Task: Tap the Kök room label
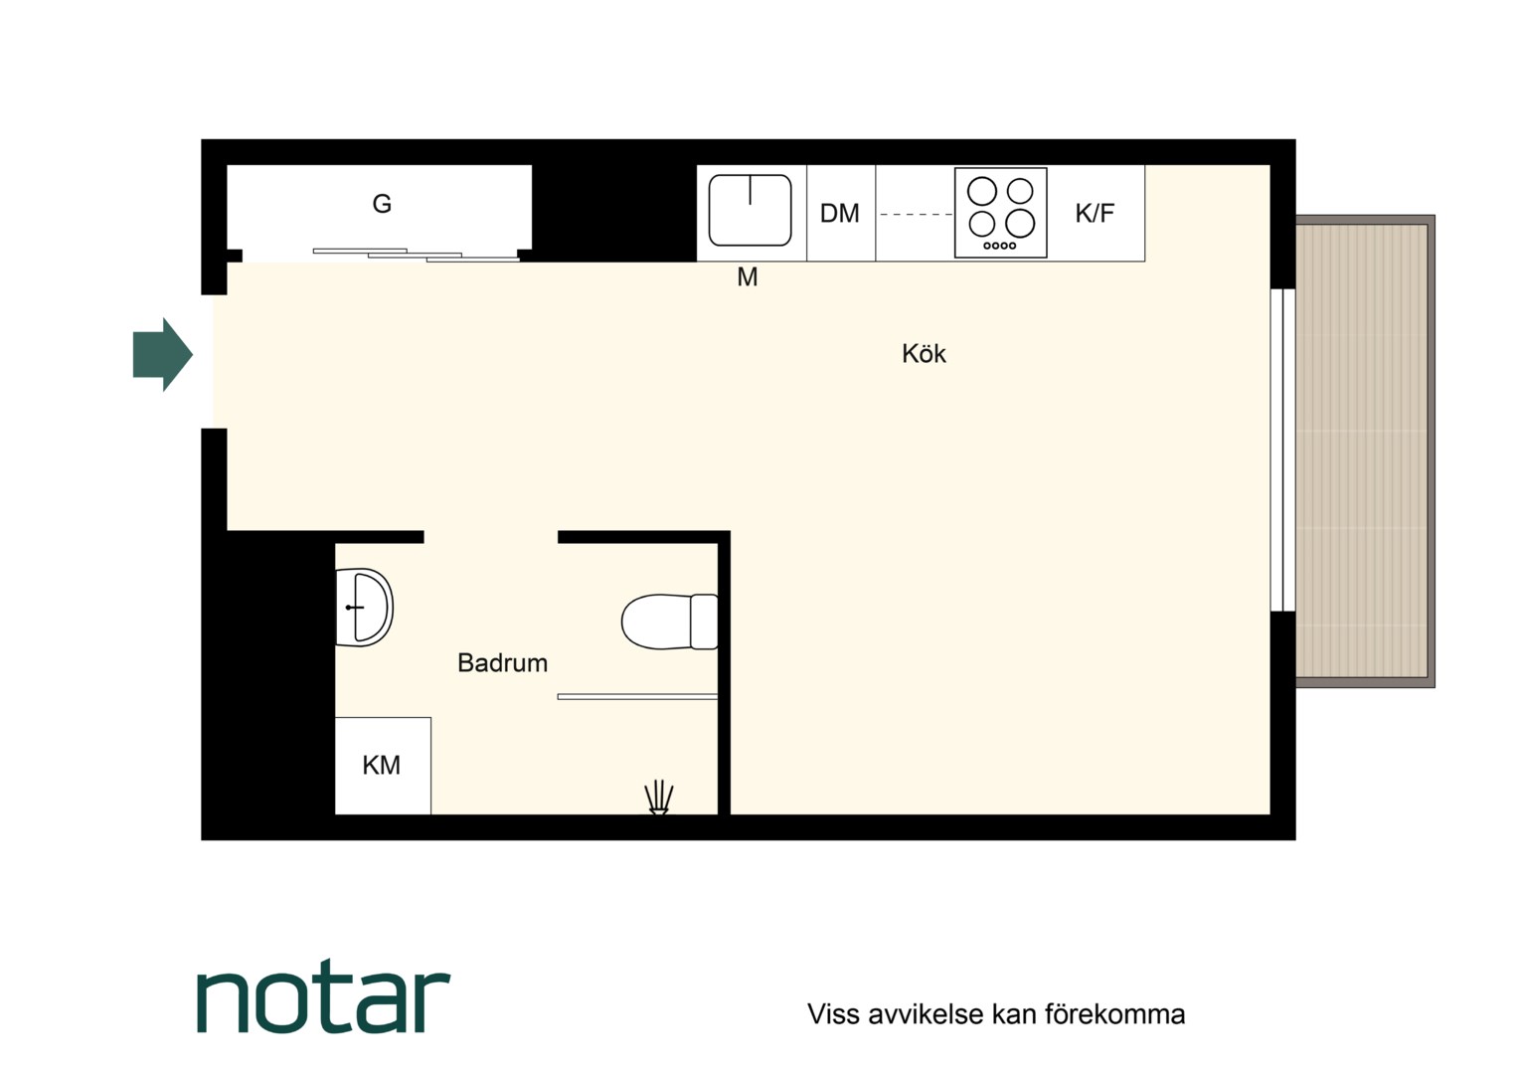tap(924, 353)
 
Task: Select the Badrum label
tap(502, 663)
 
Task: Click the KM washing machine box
tap(383, 766)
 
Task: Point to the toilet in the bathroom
tap(669, 622)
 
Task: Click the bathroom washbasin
tap(364, 608)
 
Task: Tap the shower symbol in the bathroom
tap(658, 798)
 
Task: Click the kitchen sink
tap(750, 210)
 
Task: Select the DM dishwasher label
tap(839, 214)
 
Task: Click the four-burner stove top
tap(1001, 213)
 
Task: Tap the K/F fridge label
tap(1095, 213)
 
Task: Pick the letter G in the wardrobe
tap(382, 204)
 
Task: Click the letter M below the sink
tap(748, 276)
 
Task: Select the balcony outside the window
tap(1365, 451)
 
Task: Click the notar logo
tap(323, 996)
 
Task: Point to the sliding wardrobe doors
tap(417, 256)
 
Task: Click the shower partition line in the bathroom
tap(637, 697)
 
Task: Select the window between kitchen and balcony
tap(1283, 449)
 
